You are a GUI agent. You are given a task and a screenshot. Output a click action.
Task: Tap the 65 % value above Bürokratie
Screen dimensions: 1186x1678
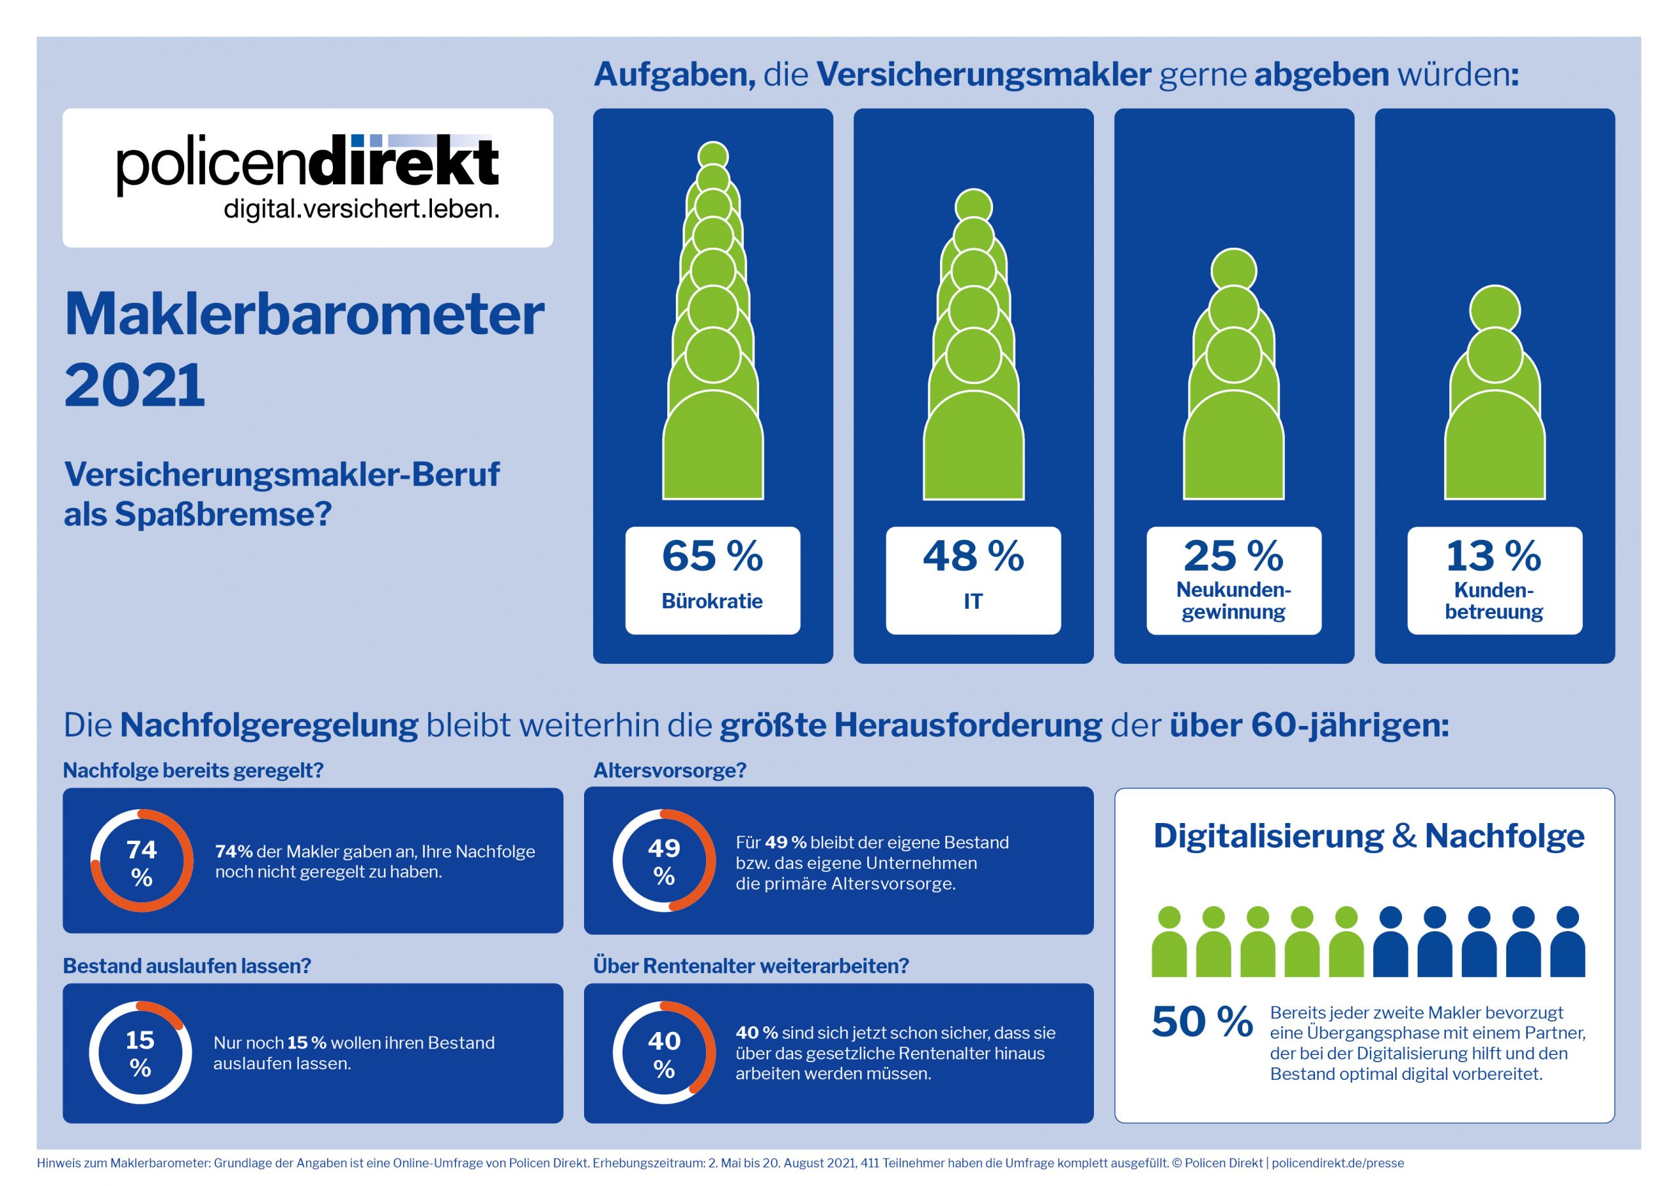(712, 556)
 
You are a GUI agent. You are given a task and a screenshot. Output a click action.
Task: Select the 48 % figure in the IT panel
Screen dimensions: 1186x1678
(973, 556)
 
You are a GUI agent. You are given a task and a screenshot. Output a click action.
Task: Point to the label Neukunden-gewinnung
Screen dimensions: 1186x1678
(1234, 601)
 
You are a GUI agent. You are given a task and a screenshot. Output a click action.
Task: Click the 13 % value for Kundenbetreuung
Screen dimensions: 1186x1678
(1494, 556)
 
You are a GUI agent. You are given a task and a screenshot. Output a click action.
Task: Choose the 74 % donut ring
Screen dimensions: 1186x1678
(142, 861)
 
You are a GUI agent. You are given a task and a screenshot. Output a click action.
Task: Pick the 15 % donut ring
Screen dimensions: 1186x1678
(140, 1053)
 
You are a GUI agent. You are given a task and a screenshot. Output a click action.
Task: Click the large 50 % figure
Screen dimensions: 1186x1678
(1202, 1022)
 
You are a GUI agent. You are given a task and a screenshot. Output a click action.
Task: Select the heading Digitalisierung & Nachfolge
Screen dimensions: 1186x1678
(1368, 836)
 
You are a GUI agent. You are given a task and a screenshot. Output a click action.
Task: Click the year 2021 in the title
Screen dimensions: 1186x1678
(134, 385)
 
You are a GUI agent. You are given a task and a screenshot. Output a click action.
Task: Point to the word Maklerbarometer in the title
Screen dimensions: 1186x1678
(304, 315)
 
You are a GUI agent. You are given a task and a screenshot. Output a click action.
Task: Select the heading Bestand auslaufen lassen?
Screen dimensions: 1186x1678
(187, 965)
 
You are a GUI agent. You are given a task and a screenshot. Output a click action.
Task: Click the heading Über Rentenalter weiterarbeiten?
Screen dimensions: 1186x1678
(751, 965)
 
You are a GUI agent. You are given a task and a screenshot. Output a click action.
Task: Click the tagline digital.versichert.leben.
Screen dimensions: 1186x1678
(361, 210)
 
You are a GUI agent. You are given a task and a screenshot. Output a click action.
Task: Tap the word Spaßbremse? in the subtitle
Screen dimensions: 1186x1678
(223, 514)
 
